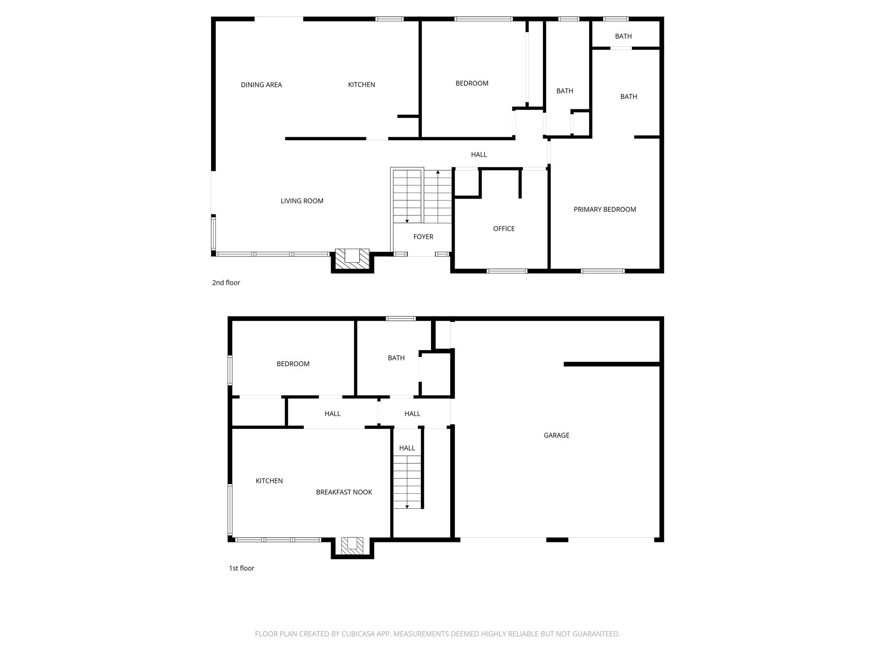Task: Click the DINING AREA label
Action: click(261, 85)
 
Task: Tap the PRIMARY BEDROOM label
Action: click(605, 209)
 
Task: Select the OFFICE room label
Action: click(504, 228)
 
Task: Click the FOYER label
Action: click(423, 237)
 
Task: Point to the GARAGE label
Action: click(556, 435)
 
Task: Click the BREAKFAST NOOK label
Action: click(344, 492)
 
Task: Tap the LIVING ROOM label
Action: click(302, 201)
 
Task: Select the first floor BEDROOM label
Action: click(293, 364)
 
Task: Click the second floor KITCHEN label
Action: click(361, 85)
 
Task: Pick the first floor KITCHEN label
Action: click(269, 481)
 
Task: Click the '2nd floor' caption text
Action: click(226, 283)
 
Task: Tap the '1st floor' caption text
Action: click(241, 568)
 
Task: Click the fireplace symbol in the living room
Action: click(352, 259)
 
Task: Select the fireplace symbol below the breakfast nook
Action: click(352, 545)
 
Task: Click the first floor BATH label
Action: click(396, 358)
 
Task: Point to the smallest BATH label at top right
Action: click(623, 36)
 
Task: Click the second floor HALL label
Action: click(479, 155)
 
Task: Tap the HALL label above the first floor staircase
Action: click(407, 448)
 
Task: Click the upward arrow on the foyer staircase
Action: click(437, 172)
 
